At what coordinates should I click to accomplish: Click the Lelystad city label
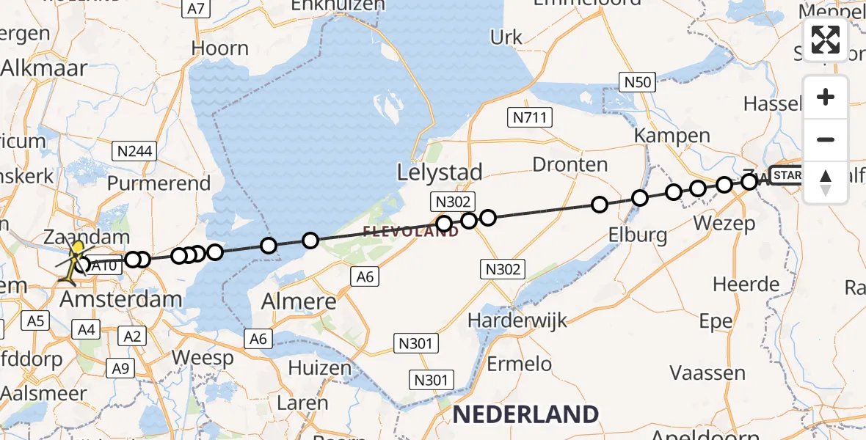(x=440, y=173)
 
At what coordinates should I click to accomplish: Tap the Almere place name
(x=301, y=301)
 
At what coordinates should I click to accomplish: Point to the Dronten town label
(x=570, y=164)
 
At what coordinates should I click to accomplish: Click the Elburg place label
(x=638, y=235)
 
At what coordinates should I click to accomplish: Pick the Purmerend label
(x=159, y=183)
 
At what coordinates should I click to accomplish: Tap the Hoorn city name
(x=219, y=48)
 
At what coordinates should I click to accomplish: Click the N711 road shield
(x=530, y=117)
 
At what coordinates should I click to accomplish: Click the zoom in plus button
(x=826, y=97)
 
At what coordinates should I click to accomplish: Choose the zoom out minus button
(x=826, y=139)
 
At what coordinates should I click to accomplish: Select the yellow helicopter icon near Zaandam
(x=72, y=263)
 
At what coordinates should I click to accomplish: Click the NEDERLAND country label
(x=525, y=414)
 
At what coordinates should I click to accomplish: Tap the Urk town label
(x=506, y=37)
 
